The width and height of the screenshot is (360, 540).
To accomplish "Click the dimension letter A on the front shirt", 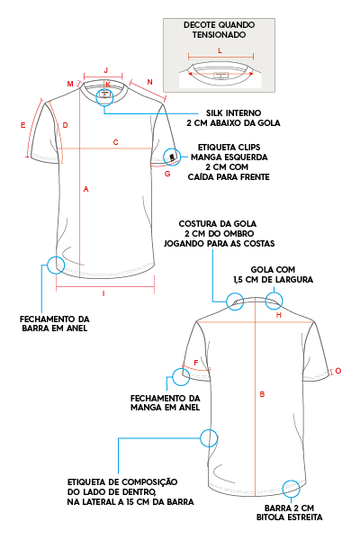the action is [x=86, y=189].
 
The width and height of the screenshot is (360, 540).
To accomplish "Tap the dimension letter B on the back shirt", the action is [x=262, y=394].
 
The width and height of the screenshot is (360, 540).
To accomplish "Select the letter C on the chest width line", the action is [x=116, y=142].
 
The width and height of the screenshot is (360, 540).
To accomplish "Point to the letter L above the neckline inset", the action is [x=220, y=50].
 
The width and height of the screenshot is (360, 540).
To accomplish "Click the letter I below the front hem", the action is [x=103, y=293].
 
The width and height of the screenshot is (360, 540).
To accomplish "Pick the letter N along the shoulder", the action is [x=149, y=82].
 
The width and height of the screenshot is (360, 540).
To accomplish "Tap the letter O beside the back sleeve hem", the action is [x=338, y=371].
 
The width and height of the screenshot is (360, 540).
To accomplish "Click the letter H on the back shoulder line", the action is [x=279, y=315].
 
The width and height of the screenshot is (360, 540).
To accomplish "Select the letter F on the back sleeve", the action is [x=196, y=363].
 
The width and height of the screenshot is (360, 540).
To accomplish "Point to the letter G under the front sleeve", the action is [x=167, y=174].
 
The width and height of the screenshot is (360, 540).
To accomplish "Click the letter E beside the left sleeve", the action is [x=23, y=125].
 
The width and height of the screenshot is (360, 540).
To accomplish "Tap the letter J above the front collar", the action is [x=106, y=70].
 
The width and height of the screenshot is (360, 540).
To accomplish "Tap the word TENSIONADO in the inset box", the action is [x=219, y=35].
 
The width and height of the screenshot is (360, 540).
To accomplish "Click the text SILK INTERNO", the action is [x=234, y=113].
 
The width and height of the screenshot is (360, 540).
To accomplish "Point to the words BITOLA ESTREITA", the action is [x=290, y=517].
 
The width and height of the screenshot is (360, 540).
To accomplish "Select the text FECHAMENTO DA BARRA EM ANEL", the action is [x=55, y=324].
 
